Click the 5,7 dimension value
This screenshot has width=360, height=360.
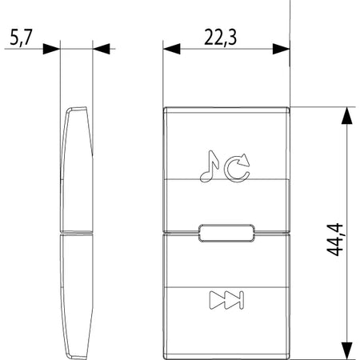coord(21,38)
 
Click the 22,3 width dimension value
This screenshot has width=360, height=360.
coord(220,38)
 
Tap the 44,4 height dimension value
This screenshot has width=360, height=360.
coord(334,239)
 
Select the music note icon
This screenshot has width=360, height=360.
coord(210,166)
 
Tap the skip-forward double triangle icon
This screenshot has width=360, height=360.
coord(226,300)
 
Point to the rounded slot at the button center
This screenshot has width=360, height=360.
coord(226,234)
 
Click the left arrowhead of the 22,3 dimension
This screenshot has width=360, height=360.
coord(171,49)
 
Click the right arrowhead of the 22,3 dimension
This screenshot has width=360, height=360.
coord(281,49)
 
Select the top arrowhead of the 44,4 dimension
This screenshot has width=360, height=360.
coord(347,115)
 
